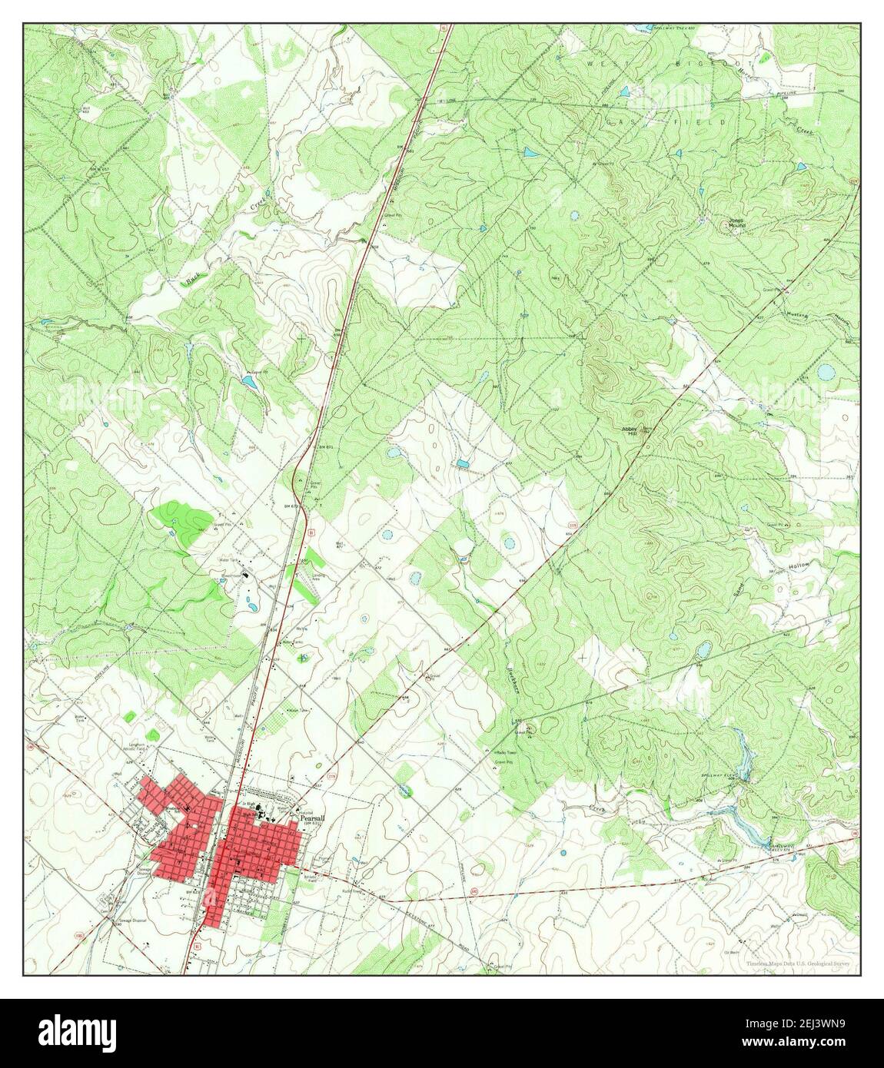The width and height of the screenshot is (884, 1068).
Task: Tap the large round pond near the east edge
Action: [x=826, y=373]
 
